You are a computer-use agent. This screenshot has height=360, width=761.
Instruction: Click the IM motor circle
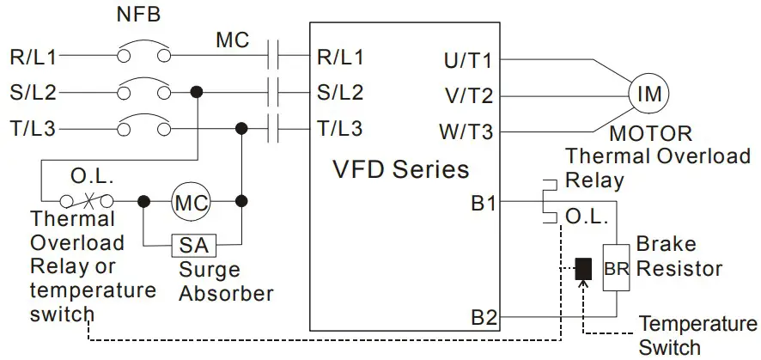(650, 94)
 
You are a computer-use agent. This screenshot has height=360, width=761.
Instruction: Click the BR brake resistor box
(616, 267)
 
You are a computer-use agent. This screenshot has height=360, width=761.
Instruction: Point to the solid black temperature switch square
(583, 268)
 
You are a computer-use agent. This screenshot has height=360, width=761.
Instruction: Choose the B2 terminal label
(483, 318)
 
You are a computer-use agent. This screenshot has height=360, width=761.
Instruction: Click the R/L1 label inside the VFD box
(340, 58)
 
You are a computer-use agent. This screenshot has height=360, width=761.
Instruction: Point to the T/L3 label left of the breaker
(33, 129)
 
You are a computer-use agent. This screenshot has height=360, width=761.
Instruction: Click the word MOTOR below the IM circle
(650, 134)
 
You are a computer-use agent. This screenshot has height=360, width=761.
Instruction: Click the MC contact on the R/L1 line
(276, 56)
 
